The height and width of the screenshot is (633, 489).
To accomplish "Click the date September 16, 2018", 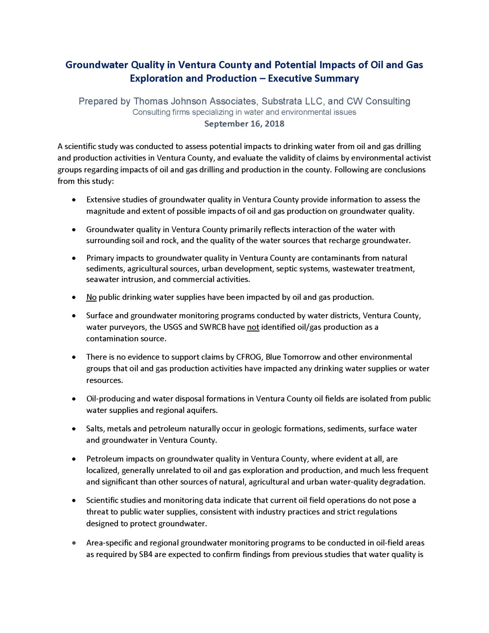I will [x=244, y=124].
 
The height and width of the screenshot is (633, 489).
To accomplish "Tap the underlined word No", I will [x=91, y=297].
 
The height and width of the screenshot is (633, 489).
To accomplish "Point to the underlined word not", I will [x=253, y=327].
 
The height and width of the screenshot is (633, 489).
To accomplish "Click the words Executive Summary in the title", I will [x=313, y=79].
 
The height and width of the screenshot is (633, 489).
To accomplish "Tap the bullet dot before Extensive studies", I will [x=74, y=200].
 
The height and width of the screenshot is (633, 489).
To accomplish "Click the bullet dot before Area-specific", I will [x=74, y=543].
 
